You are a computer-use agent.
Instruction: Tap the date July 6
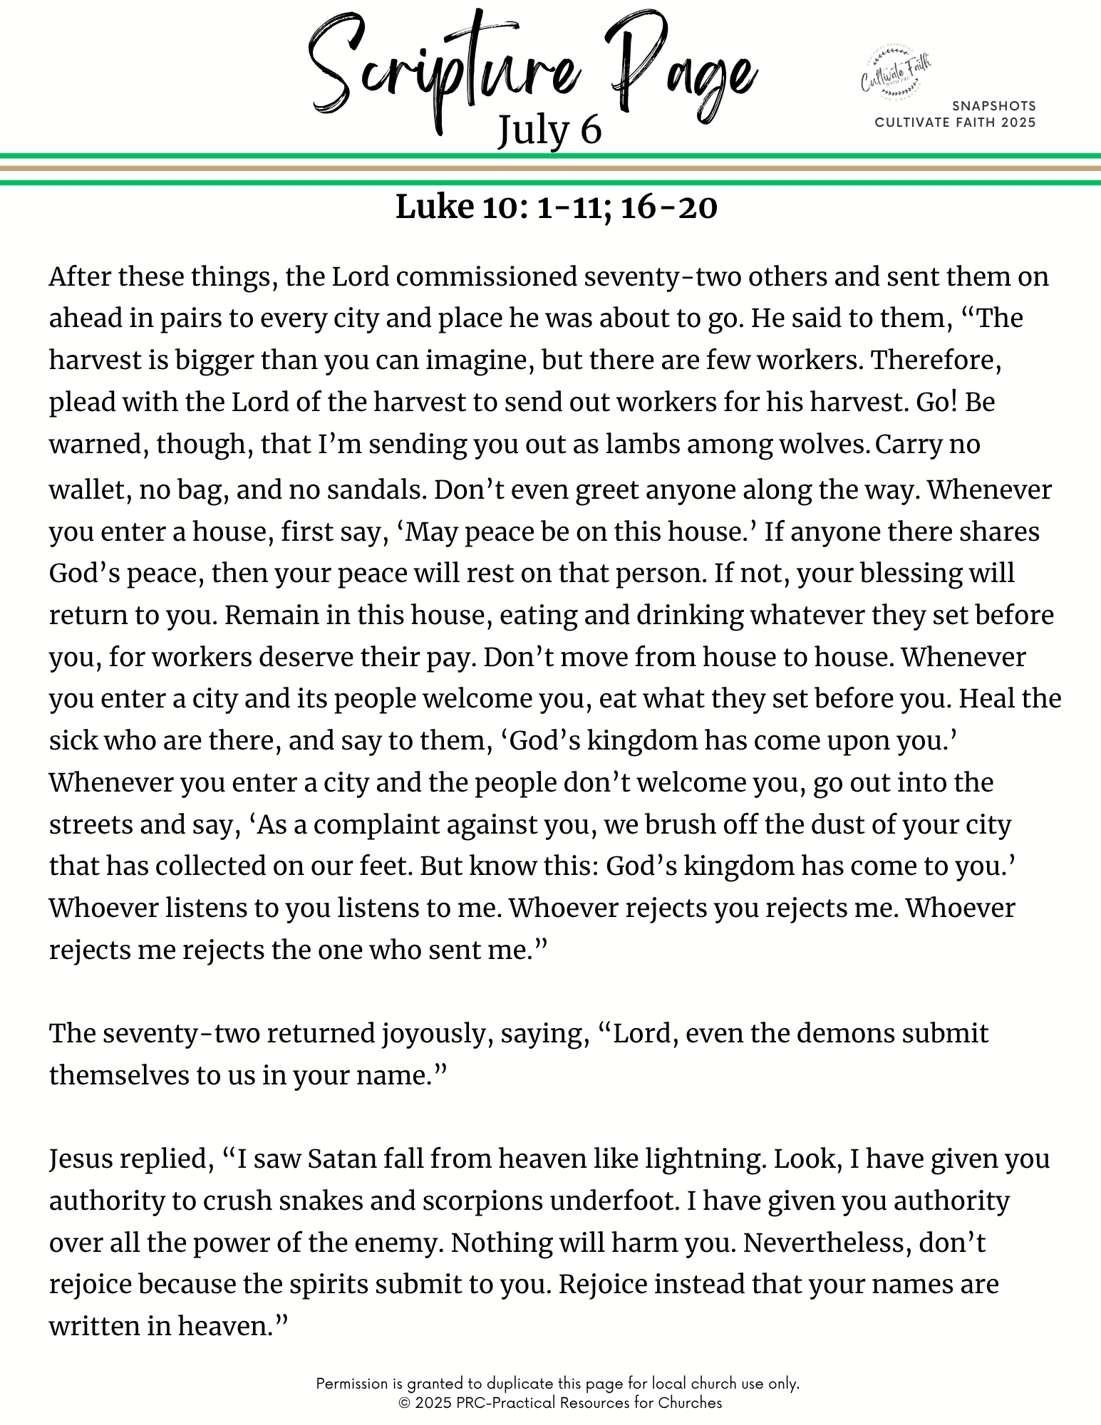(x=549, y=131)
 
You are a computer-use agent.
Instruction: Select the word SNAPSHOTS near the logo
(x=993, y=106)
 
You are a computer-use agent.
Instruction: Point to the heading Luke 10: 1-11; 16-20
(x=556, y=207)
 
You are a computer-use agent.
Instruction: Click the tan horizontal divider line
(x=550, y=169)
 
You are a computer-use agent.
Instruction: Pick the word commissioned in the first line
(x=486, y=276)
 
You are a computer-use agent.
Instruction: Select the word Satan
(x=341, y=1159)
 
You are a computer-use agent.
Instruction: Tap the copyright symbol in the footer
(x=404, y=1403)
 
